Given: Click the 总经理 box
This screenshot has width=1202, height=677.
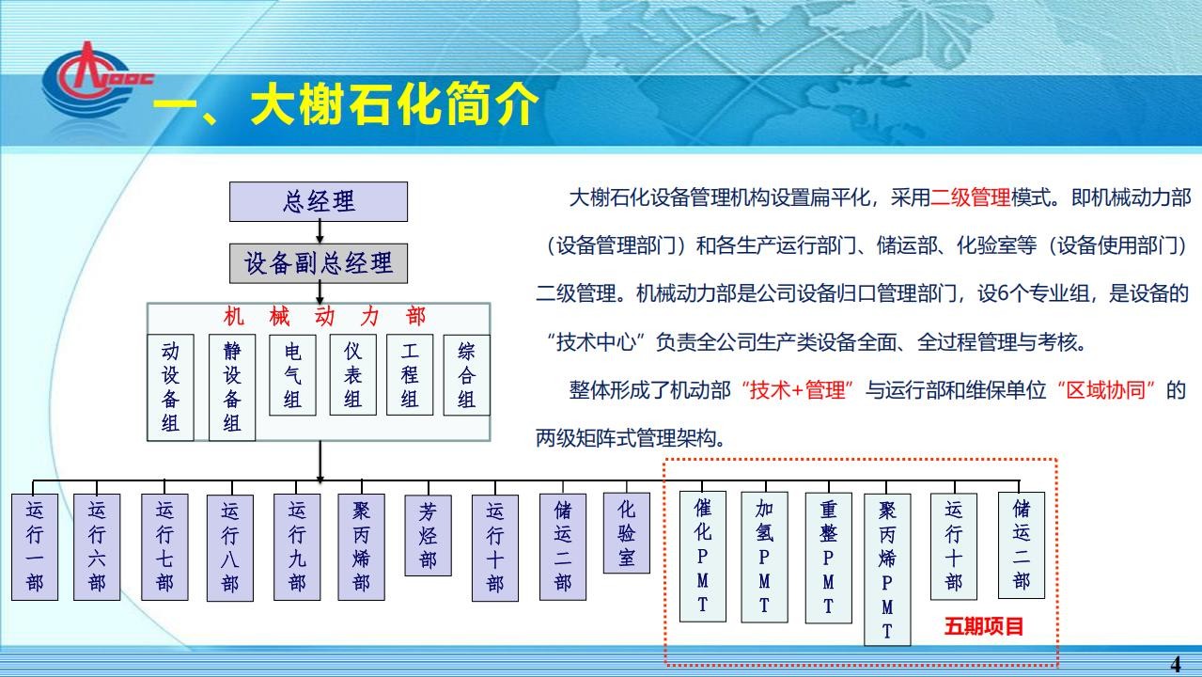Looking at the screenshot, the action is (x=319, y=201).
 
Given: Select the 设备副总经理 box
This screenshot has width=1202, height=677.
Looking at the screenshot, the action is (x=319, y=263).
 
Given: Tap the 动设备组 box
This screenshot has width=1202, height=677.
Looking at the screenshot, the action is (x=170, y=387).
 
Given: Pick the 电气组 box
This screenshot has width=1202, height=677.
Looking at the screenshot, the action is (x=292, y=375).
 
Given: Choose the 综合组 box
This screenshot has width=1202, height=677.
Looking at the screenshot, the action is (x=466, y=375).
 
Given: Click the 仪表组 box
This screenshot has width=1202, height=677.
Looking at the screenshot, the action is (x=352, y=375).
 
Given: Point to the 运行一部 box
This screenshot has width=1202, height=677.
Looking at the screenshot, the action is (x=35, y=546).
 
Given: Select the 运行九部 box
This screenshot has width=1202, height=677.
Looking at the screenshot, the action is (x=297, y=546).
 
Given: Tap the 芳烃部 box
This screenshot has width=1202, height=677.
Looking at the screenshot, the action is (x=428, y=535).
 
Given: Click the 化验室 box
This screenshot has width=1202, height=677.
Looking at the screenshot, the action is (x=626, y=532).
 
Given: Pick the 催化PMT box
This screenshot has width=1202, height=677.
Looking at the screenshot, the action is (x=702, y=557).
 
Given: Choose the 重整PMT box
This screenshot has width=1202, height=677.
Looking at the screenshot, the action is (x=828, y=558).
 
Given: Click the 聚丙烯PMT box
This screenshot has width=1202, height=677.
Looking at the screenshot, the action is (x=887, y=569).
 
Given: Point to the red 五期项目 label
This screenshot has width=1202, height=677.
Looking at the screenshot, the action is (x=984, y=626).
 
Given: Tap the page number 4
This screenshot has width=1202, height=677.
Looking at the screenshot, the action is (x=1175, y=664).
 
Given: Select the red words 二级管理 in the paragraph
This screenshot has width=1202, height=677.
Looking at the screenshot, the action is (x=970, y=197).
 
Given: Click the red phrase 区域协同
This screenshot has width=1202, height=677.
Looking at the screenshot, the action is (x=1105, y=390).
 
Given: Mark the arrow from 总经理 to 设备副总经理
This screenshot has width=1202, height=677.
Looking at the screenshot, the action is (x=320, y=232).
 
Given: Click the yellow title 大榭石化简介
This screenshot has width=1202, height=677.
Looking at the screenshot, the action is (x=395, y=103).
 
